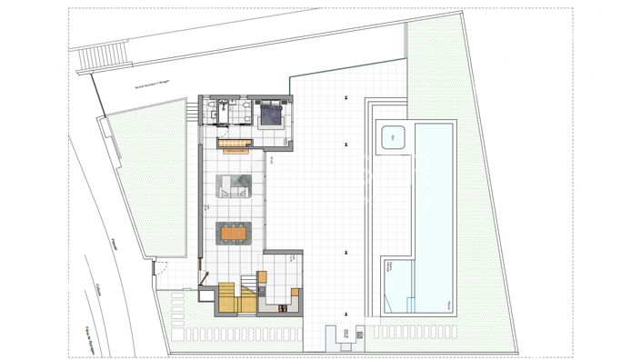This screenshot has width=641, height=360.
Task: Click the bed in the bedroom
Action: coord(271,115)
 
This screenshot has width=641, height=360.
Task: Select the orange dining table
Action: coord(233,234)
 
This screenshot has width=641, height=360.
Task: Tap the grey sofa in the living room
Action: coord(233,185)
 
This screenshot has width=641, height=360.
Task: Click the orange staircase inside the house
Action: coord(235,297)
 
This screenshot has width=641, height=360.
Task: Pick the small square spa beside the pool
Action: coord(393,138)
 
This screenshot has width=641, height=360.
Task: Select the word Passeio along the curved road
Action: coord(115,244)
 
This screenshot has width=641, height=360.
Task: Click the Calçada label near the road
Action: coord(98,289)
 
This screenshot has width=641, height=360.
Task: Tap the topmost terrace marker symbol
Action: coord(346,97)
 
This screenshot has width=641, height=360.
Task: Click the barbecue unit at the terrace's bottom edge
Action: coord(346,338)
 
